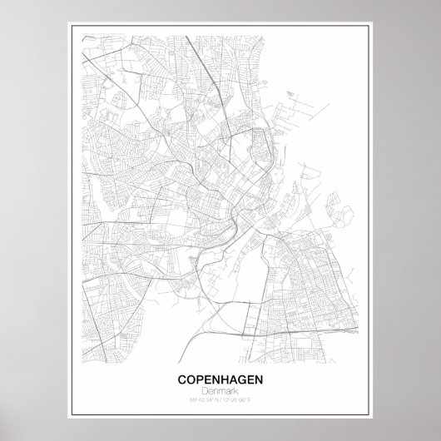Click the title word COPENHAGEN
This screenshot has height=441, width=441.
(220, 379)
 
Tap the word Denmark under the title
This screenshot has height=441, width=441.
(220, 390)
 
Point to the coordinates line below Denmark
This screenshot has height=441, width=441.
(220, 399)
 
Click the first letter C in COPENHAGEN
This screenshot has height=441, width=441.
(183, 379)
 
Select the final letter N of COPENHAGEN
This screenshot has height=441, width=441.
(258, 379)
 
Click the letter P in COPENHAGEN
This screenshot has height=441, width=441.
(200, 379)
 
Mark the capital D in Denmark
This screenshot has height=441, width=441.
(206, 390)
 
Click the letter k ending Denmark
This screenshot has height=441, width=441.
(235, 390)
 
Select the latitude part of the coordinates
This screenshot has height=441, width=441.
(203, 399)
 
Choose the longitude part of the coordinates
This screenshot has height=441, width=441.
(240, 399)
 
